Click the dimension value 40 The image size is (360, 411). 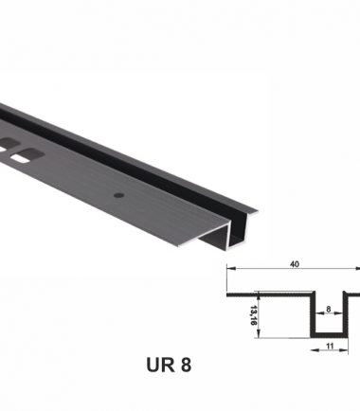295,264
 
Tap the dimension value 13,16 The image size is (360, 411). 253,315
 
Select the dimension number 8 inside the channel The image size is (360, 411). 329,309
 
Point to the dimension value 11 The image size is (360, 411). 330,347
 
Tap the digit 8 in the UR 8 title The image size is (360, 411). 187,365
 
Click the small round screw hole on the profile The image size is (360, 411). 118,195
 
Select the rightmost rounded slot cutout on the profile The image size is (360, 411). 27,155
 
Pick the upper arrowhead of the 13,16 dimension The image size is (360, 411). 259,295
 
